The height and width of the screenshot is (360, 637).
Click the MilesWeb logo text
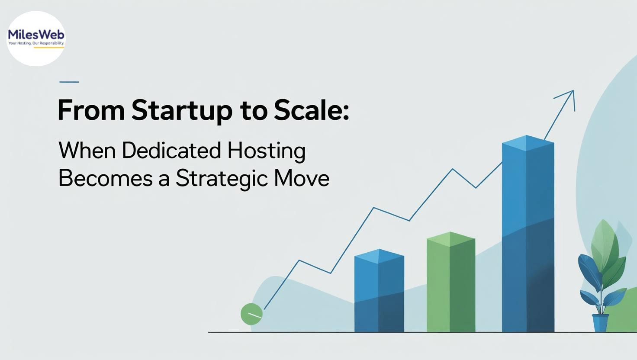(36, 35)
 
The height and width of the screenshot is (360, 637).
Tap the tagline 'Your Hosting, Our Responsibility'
(36, 43)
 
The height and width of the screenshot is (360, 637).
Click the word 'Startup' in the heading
(182, 111)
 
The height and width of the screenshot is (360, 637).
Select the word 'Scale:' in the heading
(311, 110)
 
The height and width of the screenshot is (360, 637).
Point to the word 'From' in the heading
(91, 110)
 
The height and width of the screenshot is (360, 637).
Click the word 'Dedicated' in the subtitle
(171, 150)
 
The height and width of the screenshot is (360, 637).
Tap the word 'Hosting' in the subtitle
(267, 151)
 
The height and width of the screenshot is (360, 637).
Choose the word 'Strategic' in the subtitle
(222, 179)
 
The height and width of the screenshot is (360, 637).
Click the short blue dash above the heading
(69, 82)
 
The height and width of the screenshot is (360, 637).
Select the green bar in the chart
(451, 282)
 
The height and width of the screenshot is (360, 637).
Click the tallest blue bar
(528, 234)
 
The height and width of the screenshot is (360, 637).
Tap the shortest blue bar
(379, 290)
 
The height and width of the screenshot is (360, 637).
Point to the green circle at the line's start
(251, 314)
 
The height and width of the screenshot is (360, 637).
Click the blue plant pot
(600, 322)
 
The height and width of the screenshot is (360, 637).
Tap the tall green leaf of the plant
(602, 244)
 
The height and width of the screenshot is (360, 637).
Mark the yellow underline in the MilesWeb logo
(49, 48)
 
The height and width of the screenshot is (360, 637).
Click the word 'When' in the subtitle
(87, 150)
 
